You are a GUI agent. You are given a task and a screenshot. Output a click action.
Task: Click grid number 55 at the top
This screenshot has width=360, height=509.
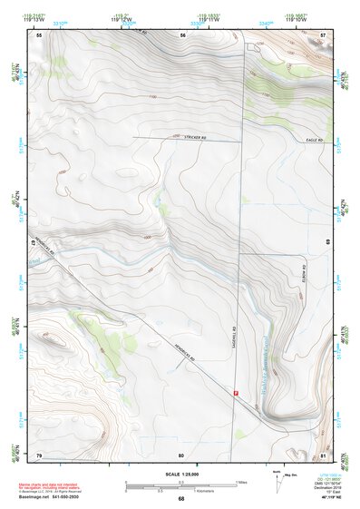39,34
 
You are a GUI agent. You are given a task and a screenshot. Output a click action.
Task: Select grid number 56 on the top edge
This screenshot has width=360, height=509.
182,34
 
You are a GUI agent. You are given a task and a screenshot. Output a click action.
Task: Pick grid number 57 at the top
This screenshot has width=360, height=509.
325,34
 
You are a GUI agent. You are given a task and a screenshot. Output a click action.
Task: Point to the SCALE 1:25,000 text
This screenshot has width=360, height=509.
180,475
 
